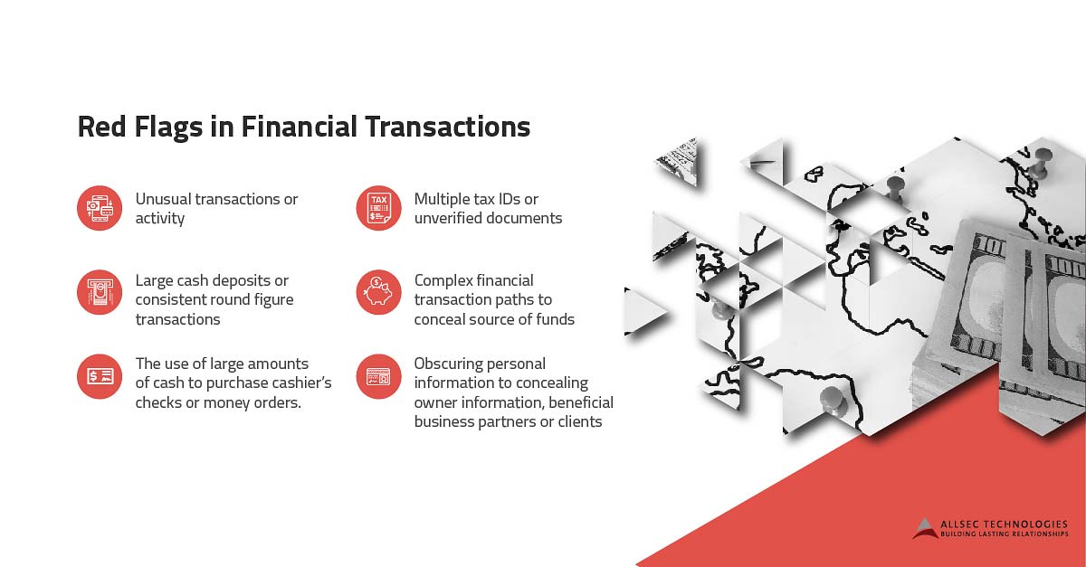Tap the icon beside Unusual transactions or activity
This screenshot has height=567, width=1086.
[100, 209]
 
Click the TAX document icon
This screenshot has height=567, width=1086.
[378, 209]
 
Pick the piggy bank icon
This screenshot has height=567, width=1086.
[378, 292]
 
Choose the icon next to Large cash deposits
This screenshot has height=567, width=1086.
[100, 292]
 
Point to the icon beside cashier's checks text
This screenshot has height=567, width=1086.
[100, 376]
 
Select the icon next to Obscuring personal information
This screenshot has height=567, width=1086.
[378, 376]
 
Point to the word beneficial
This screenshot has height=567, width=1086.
[580, 402]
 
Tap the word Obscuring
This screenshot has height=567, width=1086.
[449, 364]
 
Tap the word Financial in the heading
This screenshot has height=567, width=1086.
[298, 127]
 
